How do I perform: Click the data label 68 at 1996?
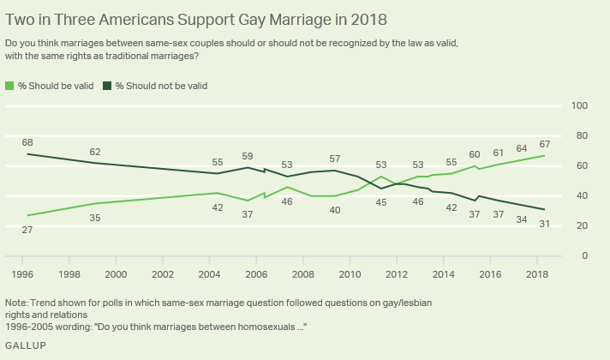click(x=27, y=142)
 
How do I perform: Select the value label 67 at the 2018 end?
click(x=545, y=143)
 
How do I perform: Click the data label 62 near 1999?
click(x=95, y=152)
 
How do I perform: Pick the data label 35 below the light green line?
click(x=95, y=218)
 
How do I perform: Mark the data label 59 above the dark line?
click(x=248, y=156)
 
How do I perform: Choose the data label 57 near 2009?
click(x=336, y=159)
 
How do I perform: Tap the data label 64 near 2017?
click(x=522, y=147)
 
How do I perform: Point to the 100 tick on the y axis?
click(x=578, y=105)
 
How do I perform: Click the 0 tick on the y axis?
click(x=583, y=255)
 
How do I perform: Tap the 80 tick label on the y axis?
click(x=581, y=135)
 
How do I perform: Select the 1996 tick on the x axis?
click(x=22, y=273)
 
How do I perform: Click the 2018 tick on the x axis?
click(x=536, y=273)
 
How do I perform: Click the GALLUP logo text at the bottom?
click(x=26, y=345)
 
